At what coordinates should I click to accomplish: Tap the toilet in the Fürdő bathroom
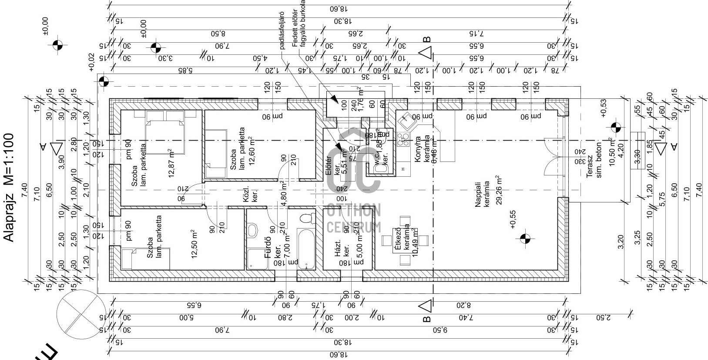(308, 219)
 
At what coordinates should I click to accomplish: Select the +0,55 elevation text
(512, 219)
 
